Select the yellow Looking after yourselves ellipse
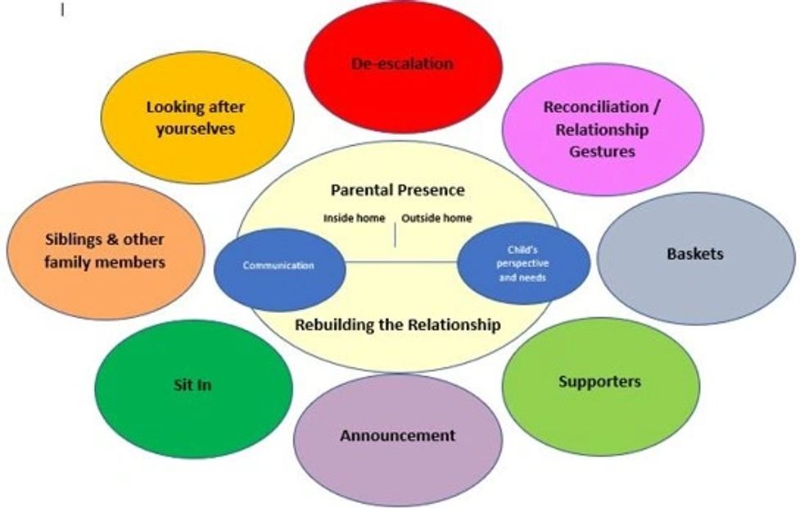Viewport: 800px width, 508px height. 196,117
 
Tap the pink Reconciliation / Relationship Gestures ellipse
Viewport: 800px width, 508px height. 602,129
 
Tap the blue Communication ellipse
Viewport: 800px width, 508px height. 278,265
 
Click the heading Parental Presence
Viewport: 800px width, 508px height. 397,190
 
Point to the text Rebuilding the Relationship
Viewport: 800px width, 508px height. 397,324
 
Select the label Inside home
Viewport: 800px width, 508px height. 354,219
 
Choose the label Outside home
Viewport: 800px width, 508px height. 438,219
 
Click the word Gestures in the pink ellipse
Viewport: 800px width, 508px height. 602,152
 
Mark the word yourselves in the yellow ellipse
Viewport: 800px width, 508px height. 196,129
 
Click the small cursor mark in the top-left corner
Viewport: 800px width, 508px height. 63,11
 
